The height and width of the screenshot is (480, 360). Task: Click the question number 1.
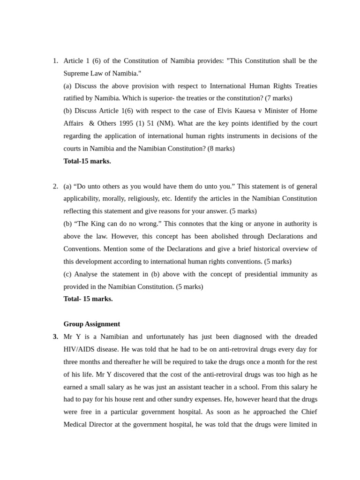pyautogui.click(x=55, y=61)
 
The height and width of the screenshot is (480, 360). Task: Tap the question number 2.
pyautogui.click(x=55, y=186)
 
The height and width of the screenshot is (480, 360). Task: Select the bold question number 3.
pyautogui.click(x=55, y=337)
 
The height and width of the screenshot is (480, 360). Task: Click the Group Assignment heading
pyautogui.click(x=91, y=324)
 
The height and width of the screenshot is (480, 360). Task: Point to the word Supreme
pyautogui.click(x=76, y=74)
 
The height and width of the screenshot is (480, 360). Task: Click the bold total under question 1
pyautogui.click(x=87, y=161)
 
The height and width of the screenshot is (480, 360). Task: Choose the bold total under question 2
pyautogui.click(x=88, y=299)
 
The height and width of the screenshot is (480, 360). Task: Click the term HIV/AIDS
pyautogui.click(x=82, y=349)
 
